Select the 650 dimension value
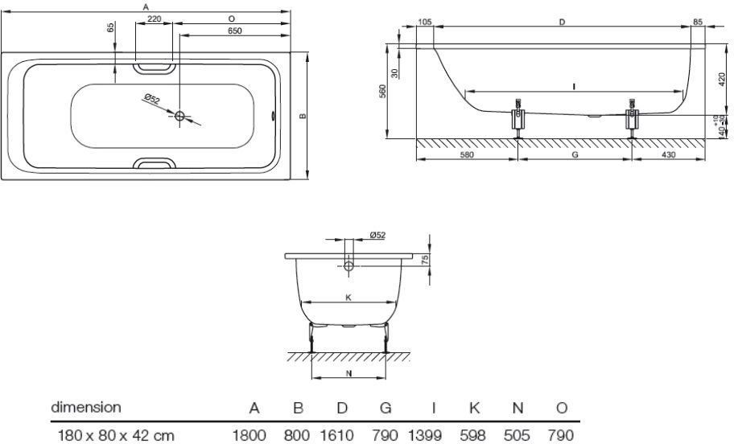pos(234,30)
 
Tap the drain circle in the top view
pos(180,116)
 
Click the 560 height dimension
pos(384,92)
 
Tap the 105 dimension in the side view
pos(425,23)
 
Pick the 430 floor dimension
pos(668,155)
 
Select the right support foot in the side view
pos(633,121)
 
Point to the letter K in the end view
pos(348,298)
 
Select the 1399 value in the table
pos(425,435)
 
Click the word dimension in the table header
pos(86,408)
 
